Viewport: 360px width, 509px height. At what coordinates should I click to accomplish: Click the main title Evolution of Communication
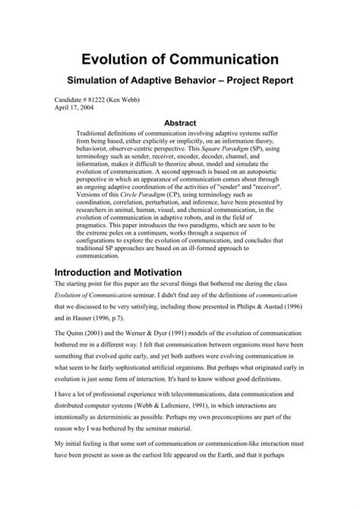[180, 58]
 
